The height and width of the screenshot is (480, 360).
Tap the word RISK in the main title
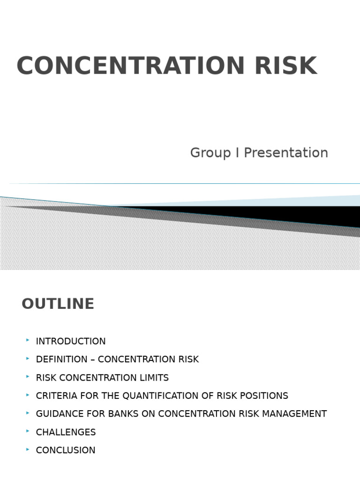[x=285, y=66]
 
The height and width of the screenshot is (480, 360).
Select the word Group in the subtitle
[x=210, y=153]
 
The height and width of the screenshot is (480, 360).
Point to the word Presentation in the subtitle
[x=286, y=153]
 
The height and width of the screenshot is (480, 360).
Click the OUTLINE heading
[x=58, y=304]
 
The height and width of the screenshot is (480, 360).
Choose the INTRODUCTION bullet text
[x=71, y=341]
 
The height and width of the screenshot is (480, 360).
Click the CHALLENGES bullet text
[x=66, y=432]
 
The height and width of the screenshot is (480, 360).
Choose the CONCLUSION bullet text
[x=66, y=450]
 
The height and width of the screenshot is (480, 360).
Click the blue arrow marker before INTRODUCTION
[x=28, y=340]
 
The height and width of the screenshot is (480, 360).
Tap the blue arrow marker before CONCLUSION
[x=28, y=449]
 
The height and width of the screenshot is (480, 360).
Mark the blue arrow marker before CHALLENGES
[x=28, y=431]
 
